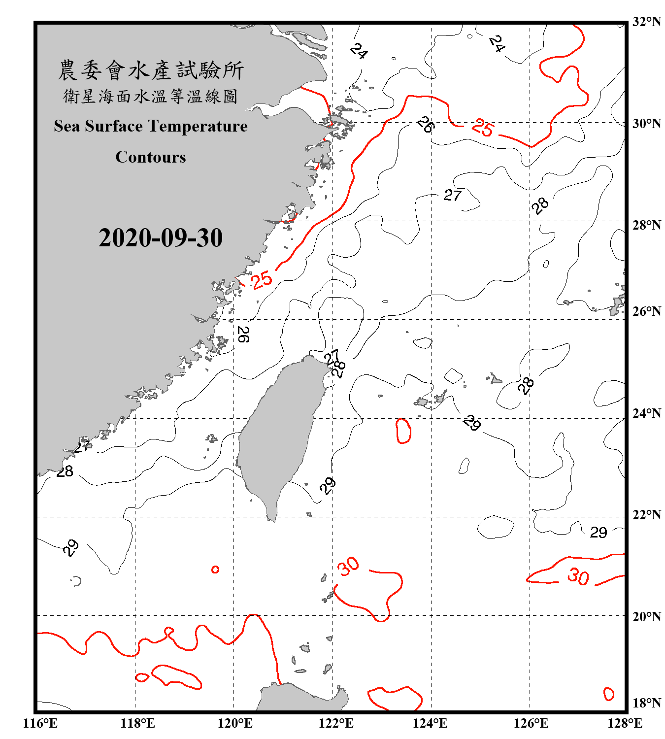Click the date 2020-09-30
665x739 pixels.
pos(161,238)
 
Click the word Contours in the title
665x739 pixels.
pos(151,157)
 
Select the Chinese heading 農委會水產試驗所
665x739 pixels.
pos(151,70)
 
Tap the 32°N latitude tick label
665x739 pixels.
pos(646,22)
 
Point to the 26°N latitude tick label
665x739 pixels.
pos(646,311)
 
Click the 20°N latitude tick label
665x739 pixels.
pos(646,616)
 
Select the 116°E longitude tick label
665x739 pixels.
pos(40,723)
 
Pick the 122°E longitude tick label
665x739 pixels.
pos(336,723)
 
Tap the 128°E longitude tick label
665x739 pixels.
pos(625,723)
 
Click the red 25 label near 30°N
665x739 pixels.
pos(482,128)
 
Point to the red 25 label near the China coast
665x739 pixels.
pos(262,280)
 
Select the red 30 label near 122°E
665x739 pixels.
pos(348,566)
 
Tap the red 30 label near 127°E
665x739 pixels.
pos(578,576)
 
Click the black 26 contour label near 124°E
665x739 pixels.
pos(425,124)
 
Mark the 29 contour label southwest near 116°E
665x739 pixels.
pos(70,547)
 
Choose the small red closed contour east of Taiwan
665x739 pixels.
pos(403,431)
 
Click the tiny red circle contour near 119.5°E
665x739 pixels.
pos(215,570)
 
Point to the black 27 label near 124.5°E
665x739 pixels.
pos(452,196)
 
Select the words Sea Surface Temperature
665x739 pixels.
pos(151,126)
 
